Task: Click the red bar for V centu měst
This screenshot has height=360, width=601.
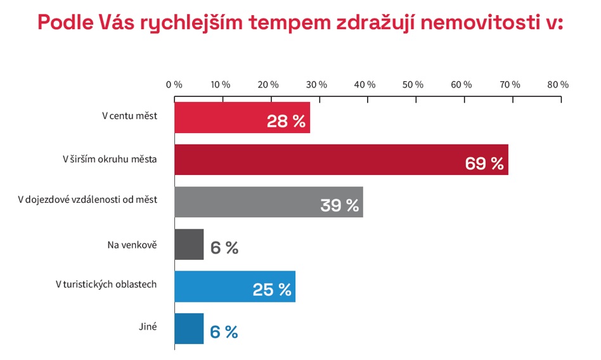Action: pos(222,118)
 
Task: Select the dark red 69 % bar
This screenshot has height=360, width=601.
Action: pos(317,160)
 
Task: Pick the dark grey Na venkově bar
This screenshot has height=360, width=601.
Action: pos(189,245)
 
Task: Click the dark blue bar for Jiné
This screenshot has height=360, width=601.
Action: pos(189,329)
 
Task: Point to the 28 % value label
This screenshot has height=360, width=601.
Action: pos(286,121)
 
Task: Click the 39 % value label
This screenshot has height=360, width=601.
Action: pos(339,205)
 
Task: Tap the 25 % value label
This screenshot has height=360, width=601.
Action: pos(272,290)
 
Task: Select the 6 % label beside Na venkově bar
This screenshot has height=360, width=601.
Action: pos(224,248)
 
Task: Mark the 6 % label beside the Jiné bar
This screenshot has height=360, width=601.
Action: pos(224,332)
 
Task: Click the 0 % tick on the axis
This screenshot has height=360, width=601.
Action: pos(174,85)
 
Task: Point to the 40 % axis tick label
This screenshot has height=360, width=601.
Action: pos(366,85)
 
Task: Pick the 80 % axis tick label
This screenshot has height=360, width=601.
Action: pos(559,85)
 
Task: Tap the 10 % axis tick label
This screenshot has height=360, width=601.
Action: pos(221,85)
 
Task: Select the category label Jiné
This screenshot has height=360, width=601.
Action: pos(148,326)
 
